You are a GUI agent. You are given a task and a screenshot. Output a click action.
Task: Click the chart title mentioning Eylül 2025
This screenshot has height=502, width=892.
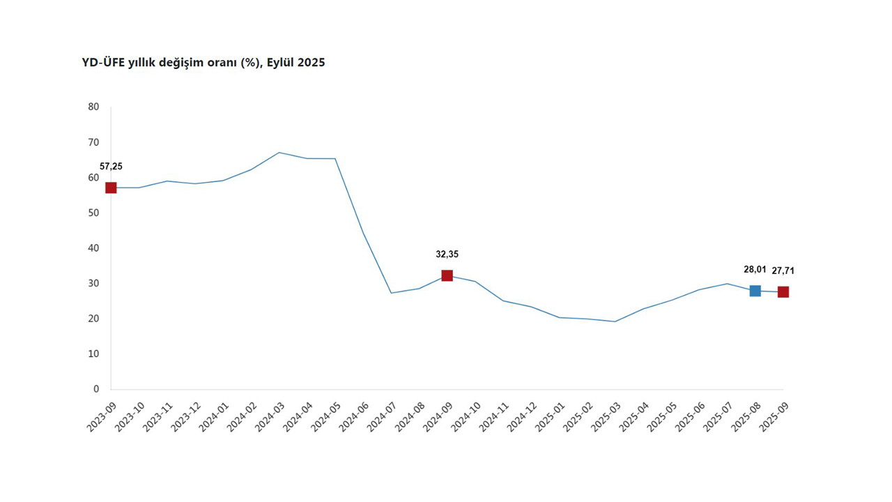click(203, 63)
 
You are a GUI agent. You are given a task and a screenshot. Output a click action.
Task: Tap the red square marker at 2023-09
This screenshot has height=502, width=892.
click(111, 188)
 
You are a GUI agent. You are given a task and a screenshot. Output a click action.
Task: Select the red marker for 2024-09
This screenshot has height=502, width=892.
click(447, 275)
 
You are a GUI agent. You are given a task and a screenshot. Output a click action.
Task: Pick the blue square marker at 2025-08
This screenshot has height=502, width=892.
click(755, 291)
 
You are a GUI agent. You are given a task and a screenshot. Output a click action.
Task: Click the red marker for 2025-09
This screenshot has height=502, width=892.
click(783, 291)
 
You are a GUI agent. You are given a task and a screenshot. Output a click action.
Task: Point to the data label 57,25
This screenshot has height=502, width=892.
click(111, 167)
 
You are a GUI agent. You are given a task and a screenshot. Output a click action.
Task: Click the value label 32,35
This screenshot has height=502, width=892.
click(447, 254)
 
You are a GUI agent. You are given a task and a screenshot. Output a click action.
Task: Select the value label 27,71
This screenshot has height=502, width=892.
click(783, 271)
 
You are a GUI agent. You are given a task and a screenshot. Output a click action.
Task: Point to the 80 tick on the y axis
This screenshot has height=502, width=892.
click(93, 107)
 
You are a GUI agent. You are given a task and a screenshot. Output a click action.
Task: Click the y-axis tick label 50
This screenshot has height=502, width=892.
click(93, 213)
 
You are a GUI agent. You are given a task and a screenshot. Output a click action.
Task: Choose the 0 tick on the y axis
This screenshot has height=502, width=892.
click(96, 389)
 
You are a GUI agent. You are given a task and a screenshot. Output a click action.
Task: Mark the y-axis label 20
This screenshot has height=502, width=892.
click(93, 319)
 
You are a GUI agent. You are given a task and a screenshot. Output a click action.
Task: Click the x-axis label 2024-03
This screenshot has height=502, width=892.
click(269, 416)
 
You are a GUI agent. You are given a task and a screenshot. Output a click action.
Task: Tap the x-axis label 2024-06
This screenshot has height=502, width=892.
click(353, 416)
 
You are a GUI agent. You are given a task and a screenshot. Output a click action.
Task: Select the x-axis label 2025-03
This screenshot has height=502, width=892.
click(606, 416)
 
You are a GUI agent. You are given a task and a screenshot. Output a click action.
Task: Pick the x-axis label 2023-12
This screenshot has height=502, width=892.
click(185, 416)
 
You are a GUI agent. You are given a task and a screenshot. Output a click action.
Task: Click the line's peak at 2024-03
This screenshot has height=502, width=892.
click(279, 152)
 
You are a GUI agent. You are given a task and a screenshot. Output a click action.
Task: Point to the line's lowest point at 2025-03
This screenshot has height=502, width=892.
click(615, 321)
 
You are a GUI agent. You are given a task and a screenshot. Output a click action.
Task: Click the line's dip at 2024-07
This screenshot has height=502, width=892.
click(391, 293)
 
